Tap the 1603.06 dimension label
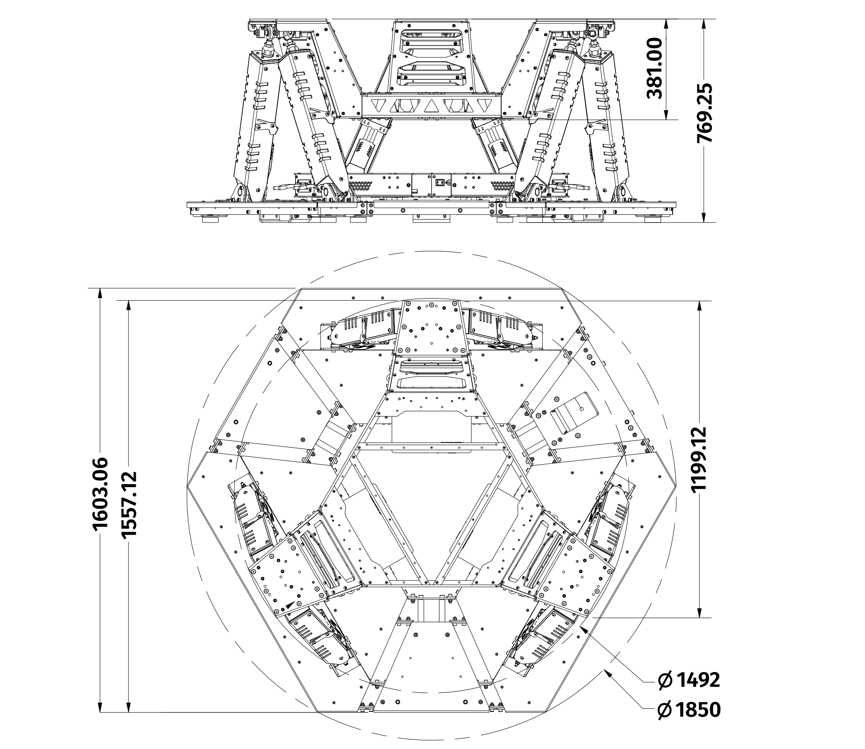(100, 493)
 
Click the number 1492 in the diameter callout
(697, 680)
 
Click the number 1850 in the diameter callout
(697, 710)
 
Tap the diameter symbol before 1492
(664, 681)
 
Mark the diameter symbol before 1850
(664, 710)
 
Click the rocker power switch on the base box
(440, 182)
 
